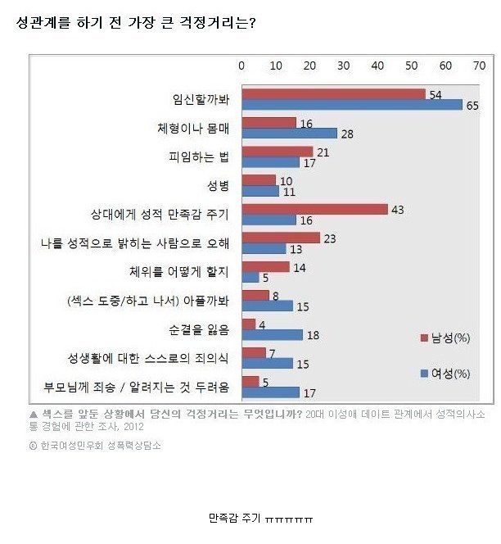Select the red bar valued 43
click(x=314, y=209)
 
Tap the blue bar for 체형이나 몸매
click(x=288, y=134)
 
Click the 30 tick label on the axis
click(x=343, y=66)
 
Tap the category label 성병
click(x=217, y=186)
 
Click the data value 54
click(x=435, y=95)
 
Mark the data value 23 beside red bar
click(x=329, y=238)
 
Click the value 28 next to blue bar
click(x=347, y=134)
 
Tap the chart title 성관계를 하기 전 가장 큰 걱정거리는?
click(x=136, y=23)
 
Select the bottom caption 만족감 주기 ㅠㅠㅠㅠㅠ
click(x=261, y=519)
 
